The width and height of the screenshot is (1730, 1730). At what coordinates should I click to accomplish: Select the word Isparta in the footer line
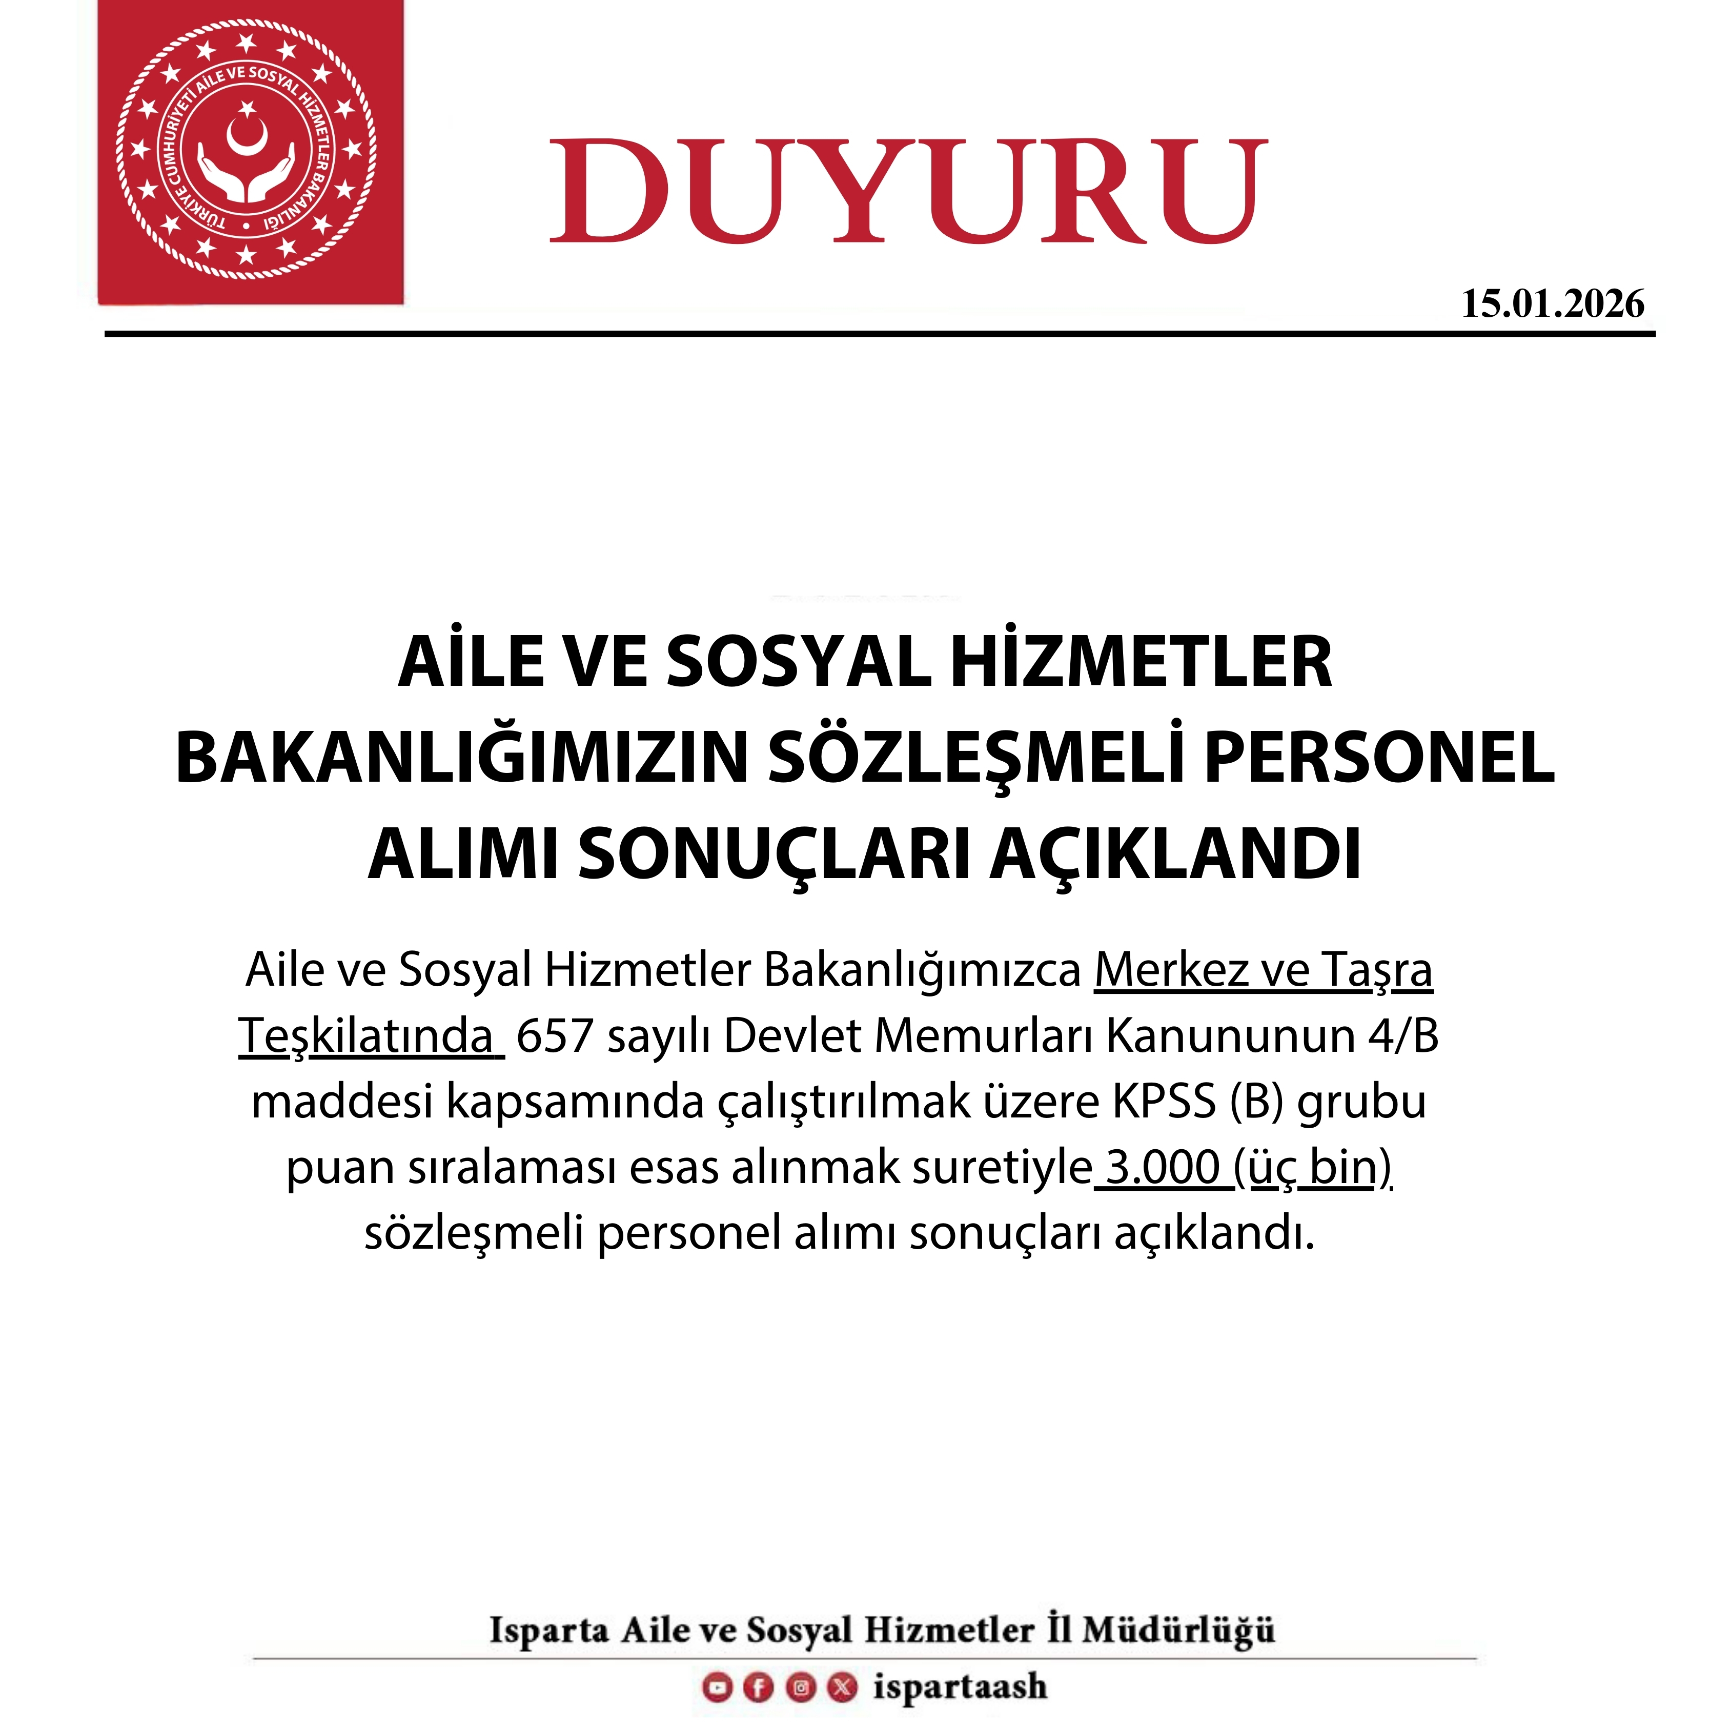point(548,1630)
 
